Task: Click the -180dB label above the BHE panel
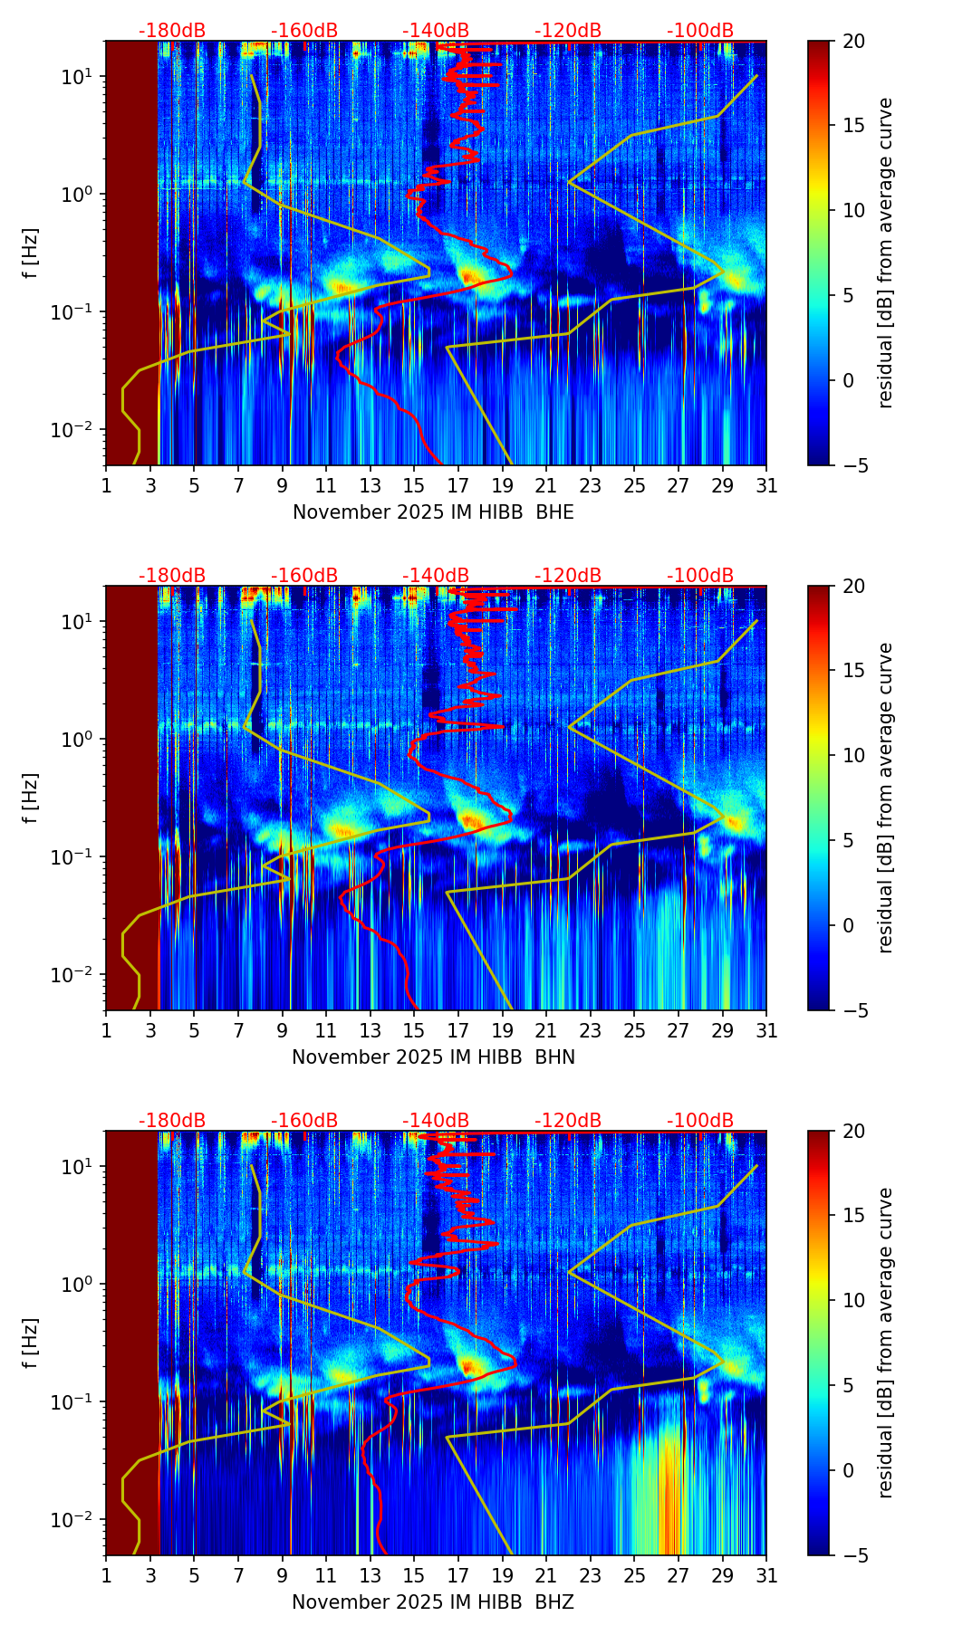coord(172,31)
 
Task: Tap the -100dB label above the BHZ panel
coord(700,1121)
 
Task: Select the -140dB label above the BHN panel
coord(436,576)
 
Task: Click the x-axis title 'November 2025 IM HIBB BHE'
coord(433,512)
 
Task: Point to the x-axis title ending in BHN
coord(433,1057)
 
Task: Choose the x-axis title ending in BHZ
coord(433,1602)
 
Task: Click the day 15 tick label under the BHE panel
coord(414,484)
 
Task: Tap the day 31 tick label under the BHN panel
coord(766,1029)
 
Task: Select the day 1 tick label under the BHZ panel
coord(106,1574)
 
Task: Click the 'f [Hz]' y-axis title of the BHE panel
coord(32,253)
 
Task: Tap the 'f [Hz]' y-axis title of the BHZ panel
coord(32,1343)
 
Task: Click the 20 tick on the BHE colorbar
coord(853,42)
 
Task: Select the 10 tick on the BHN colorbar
coord(853,755)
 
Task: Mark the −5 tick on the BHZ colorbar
coord(853,1555)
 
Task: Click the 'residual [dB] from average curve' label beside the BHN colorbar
coord(886,798)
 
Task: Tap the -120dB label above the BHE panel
coord(568,31)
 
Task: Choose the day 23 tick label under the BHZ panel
coord(590,1574)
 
